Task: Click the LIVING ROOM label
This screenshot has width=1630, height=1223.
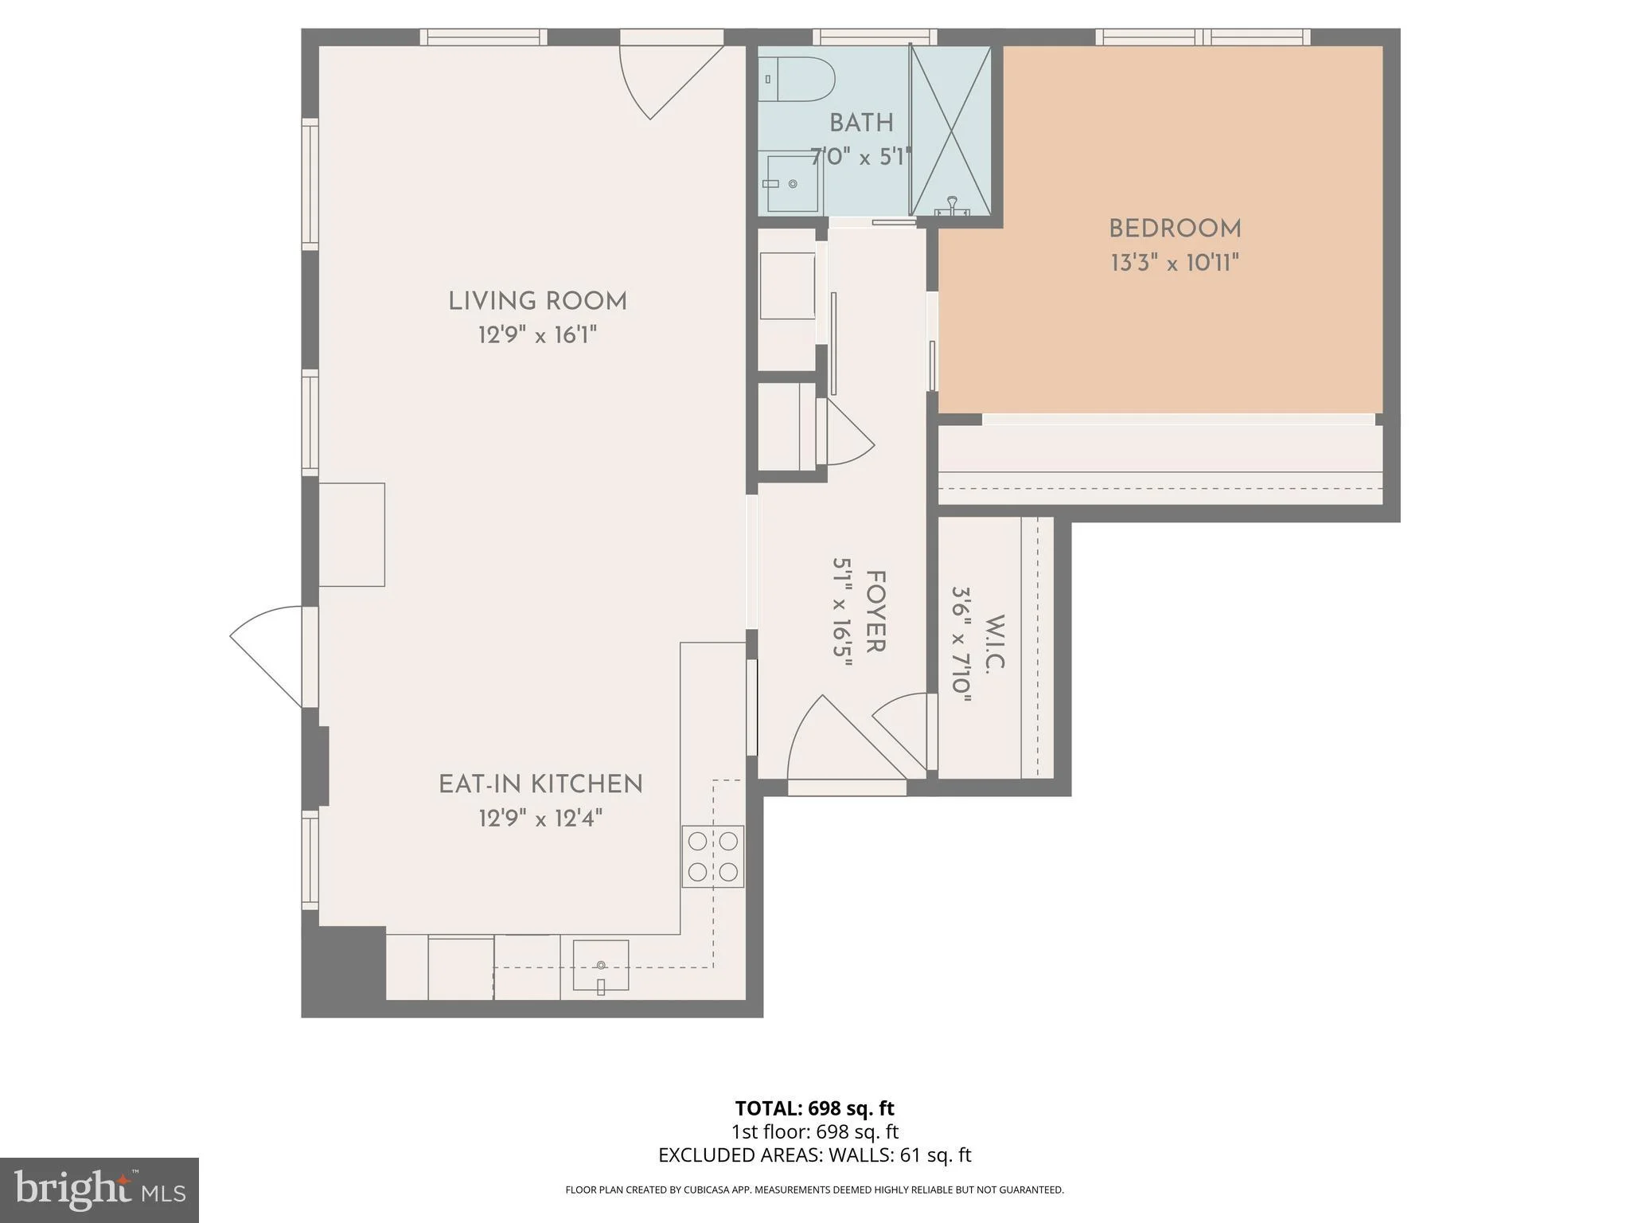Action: (x=537, y=301)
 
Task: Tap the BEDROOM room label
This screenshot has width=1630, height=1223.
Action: (x=1175, y=229)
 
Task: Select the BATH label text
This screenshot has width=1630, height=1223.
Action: (x=861, y=123)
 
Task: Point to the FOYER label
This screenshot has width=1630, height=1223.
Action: (x=875, y=611)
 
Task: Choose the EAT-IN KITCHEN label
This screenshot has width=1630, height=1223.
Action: (x=540, y=784)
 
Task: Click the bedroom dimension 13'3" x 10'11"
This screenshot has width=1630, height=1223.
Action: (x=1175, y=263)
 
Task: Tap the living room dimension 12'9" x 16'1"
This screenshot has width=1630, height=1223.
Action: (x=537, y=335)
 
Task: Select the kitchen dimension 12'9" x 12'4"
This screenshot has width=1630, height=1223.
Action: (x=540, y=819)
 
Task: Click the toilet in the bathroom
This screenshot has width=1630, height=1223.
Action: (x=795, y=79)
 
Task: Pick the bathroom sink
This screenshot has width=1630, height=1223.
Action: (x=793, y=184)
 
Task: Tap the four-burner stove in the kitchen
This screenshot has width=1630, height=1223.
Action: (x=712, y=857)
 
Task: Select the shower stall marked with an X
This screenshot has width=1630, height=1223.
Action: (x=950, y=131)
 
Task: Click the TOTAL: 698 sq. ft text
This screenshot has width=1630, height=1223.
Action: (x=814, y=1108)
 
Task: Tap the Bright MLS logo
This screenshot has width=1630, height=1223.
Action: (x=99, y=1190)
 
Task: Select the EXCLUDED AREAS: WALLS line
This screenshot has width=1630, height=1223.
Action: (x=814, y=1155)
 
